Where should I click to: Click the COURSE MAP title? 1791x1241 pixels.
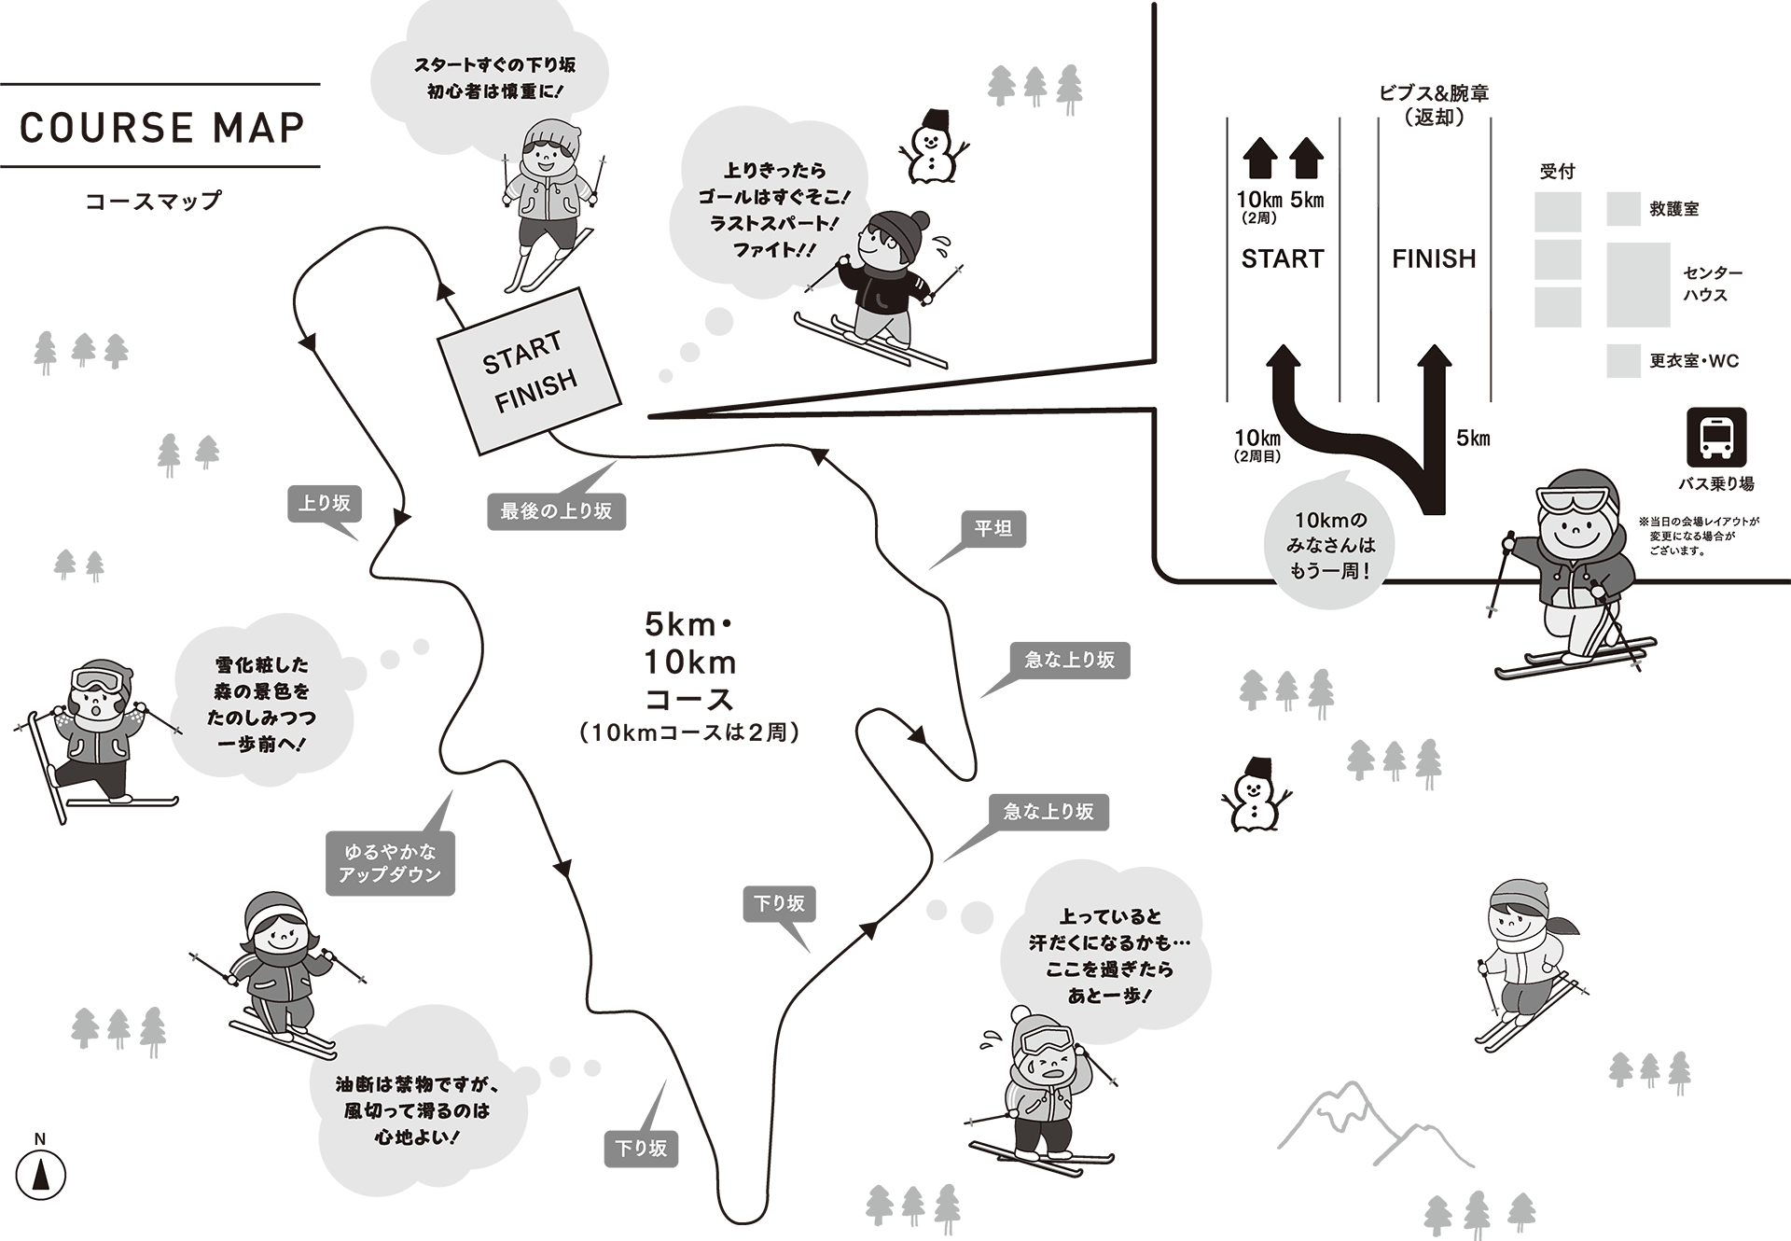161,127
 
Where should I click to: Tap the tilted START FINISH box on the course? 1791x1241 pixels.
529,370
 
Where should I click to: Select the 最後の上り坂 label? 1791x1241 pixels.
556,511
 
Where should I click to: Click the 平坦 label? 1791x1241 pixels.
993,529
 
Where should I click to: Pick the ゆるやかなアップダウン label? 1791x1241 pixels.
390,863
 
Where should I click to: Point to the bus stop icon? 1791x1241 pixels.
1715,437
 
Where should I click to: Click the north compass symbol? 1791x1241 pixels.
40,1173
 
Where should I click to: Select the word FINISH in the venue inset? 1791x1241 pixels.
1434,258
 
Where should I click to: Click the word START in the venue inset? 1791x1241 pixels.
1283,258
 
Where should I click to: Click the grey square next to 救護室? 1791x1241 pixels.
1623,209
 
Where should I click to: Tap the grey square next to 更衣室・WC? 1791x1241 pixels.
1623,361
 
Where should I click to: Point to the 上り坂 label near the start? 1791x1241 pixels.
324,504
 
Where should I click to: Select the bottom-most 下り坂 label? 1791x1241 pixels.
641,1149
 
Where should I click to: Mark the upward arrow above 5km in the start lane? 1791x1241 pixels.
1306,159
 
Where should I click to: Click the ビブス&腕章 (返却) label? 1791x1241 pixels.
1434,105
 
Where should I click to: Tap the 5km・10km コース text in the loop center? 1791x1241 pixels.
690,662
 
